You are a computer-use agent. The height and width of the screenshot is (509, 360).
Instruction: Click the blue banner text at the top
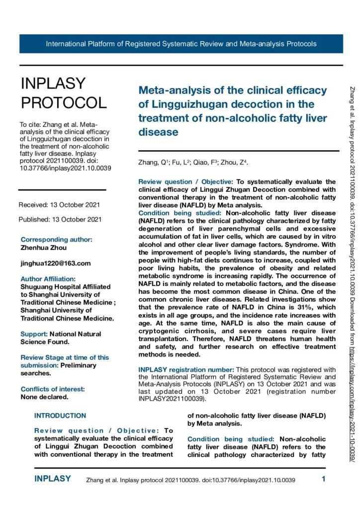click(x=181, y=44)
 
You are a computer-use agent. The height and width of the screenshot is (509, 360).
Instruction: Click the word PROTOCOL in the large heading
click(x=63, y=102)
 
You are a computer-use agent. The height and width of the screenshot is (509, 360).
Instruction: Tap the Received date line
click(x=59, y=205)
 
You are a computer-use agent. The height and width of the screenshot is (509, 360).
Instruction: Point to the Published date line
click(x=60, y=219)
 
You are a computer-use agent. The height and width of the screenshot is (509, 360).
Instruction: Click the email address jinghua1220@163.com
click(x=56, y=263)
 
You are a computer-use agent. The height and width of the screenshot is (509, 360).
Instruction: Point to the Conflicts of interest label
click(x=52, y=389)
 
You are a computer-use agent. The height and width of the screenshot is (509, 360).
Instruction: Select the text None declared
click(x=44, y=397)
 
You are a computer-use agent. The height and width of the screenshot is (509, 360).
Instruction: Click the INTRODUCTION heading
click(x=60, y=416)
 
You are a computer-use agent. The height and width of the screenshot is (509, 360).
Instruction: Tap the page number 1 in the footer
click(x=324, y=479)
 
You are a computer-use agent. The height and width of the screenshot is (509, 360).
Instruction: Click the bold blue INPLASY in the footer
click(x=53, y=479)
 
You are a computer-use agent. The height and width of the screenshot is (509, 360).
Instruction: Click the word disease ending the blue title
click(x=158, y=132)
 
